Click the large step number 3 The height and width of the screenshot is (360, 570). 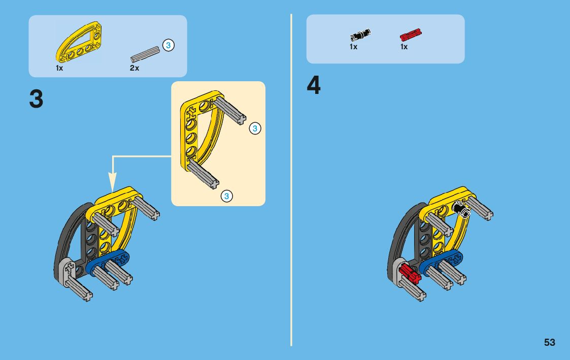tap(36, 99)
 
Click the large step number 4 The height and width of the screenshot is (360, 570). tap(314, 85)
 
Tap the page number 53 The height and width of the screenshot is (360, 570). tap(550, 342)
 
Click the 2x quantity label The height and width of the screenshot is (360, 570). tap(134, 68)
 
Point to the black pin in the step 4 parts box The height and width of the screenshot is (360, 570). tap(360, 35)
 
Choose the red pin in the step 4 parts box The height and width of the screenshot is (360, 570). tap(411, 35)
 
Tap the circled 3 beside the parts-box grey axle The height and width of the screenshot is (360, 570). tap(169, 45)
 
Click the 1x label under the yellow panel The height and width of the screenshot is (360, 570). tap(59, 68)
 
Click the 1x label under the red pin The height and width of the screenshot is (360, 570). tap(404, 47)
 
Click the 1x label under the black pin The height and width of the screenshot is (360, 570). tap(353, 47)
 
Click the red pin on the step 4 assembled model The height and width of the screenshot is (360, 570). tap(410, 274)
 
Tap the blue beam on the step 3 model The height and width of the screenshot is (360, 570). tap(108, 261)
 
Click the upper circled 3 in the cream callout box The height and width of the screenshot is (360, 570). tap(255, 128)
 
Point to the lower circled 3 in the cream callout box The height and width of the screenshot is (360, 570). tap(227, 195)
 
